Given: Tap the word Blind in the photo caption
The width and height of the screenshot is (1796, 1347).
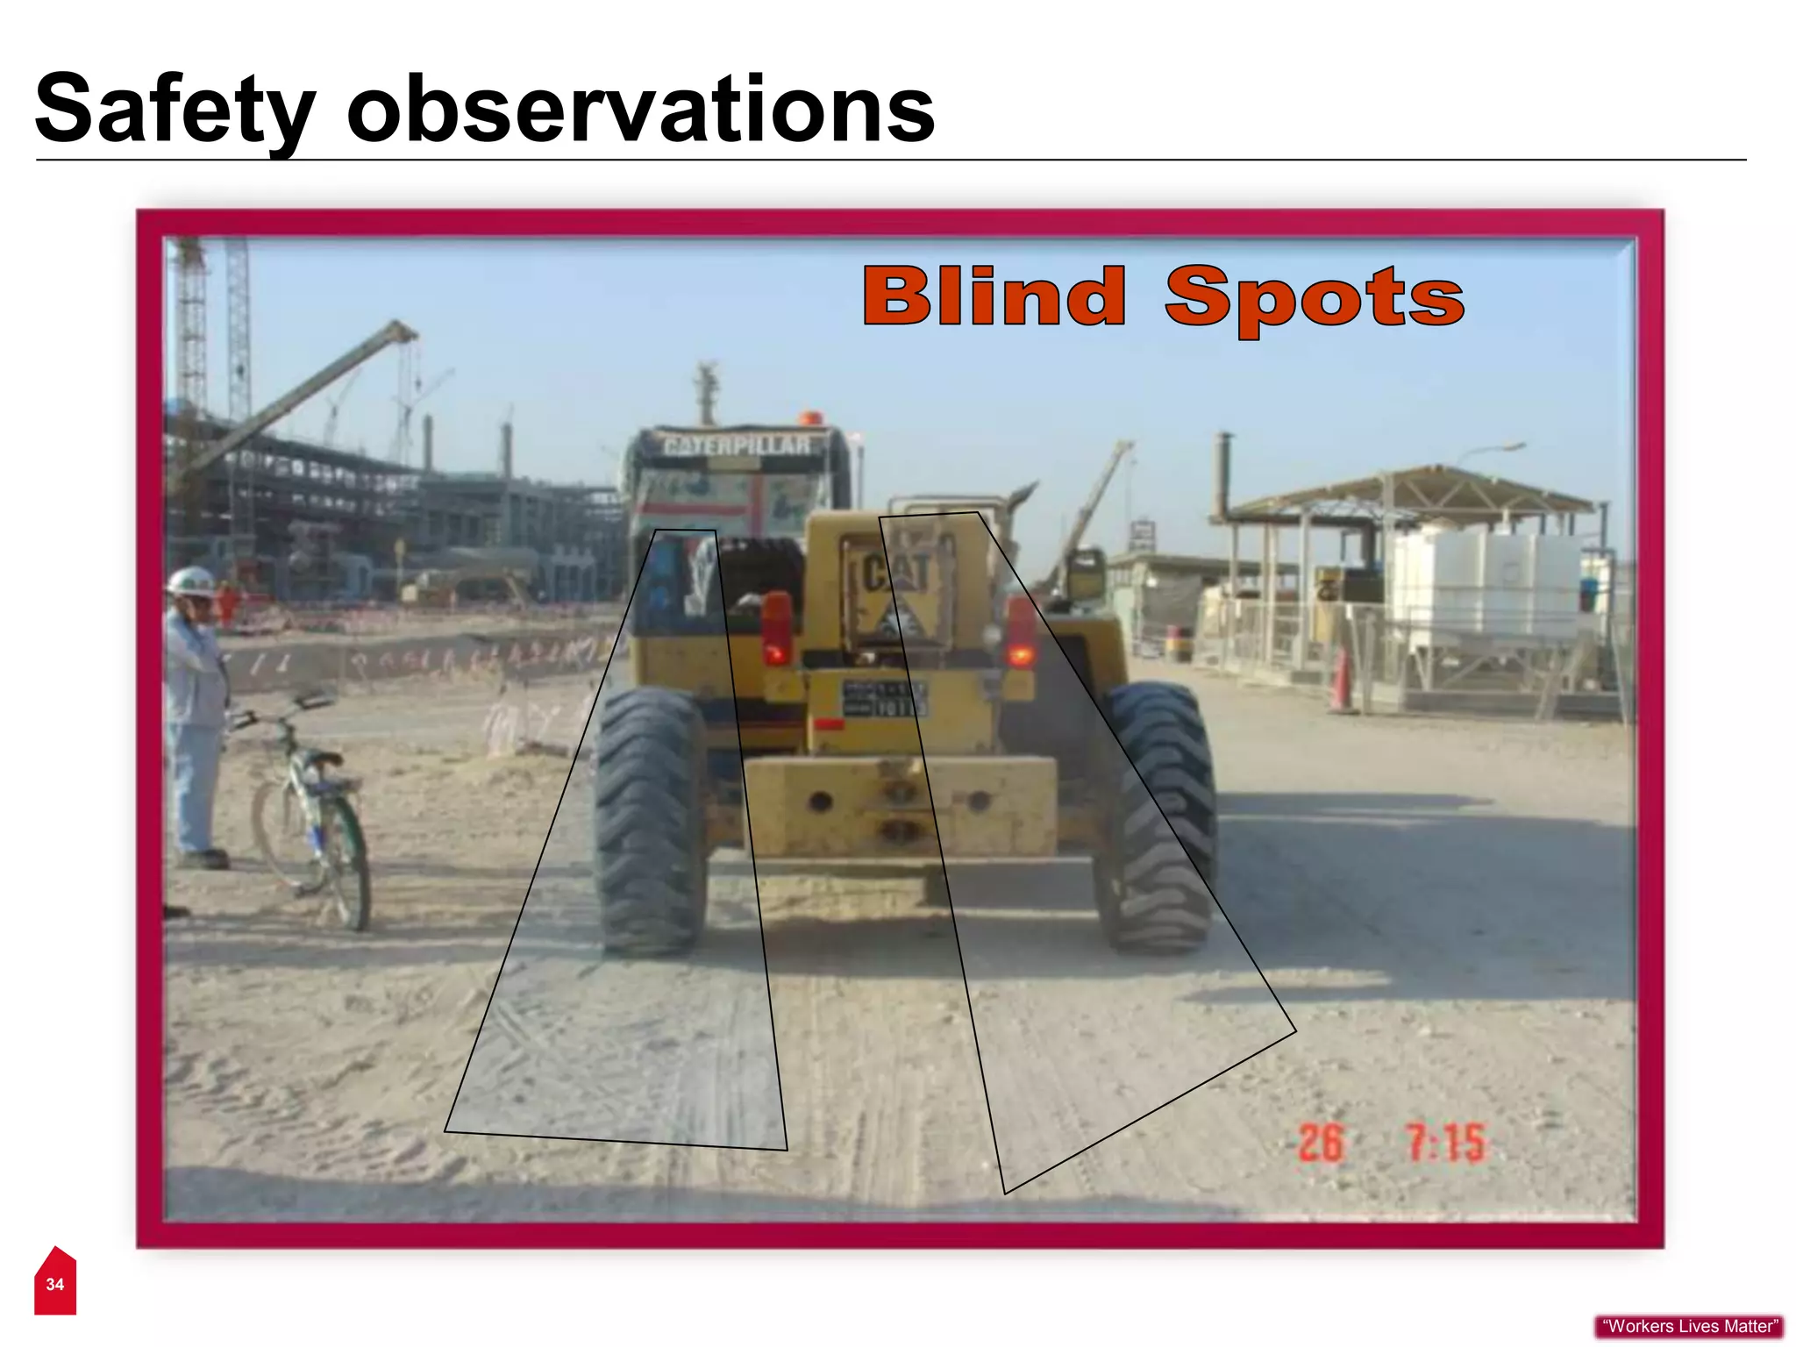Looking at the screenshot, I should click(994, 296).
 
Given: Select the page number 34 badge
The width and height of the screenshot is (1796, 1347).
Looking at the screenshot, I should click(55, 1284).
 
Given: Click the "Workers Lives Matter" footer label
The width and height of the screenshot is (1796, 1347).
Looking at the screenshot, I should click(1689, 1327).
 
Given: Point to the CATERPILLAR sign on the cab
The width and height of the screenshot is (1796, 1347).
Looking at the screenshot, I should click(737, 445).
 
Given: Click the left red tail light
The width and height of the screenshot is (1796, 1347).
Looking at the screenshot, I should click(776, 627).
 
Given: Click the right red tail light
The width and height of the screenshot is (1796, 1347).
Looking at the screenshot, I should click(1020, 631).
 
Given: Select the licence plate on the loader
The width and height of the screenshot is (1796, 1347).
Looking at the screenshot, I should click(883, 699).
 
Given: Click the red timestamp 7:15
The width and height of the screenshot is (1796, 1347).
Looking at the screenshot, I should click(1445, 1143).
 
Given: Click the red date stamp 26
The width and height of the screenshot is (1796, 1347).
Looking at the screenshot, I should click(1320, 1143).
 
